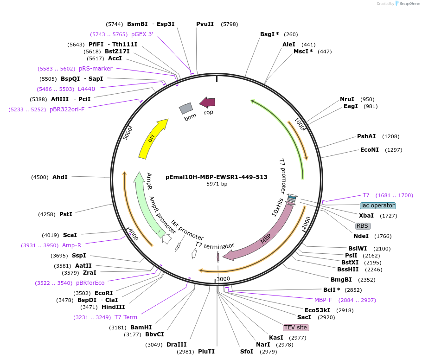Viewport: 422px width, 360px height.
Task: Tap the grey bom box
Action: coord(186,109)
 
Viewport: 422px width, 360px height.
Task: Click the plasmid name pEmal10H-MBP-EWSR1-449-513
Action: coord(217,177)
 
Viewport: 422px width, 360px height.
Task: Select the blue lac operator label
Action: coord(378,206)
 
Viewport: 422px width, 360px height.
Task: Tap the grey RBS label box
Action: coord(362,226)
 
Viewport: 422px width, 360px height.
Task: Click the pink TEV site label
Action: coord(295,328)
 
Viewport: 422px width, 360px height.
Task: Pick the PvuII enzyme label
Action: coord(205,24)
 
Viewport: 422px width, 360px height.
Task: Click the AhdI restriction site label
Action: coord(60,177)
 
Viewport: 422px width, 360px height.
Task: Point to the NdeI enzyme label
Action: coord(361,236)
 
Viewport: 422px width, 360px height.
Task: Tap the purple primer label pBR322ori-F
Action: coord(67,109)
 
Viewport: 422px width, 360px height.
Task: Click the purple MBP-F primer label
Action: coord(323,300)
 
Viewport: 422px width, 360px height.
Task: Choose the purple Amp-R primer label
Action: coord(71,245)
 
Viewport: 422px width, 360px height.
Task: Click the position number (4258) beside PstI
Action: coord(47,214)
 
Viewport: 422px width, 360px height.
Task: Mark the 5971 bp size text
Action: coord(217,184)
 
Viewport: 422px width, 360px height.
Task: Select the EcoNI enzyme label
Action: coord(370,150)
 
